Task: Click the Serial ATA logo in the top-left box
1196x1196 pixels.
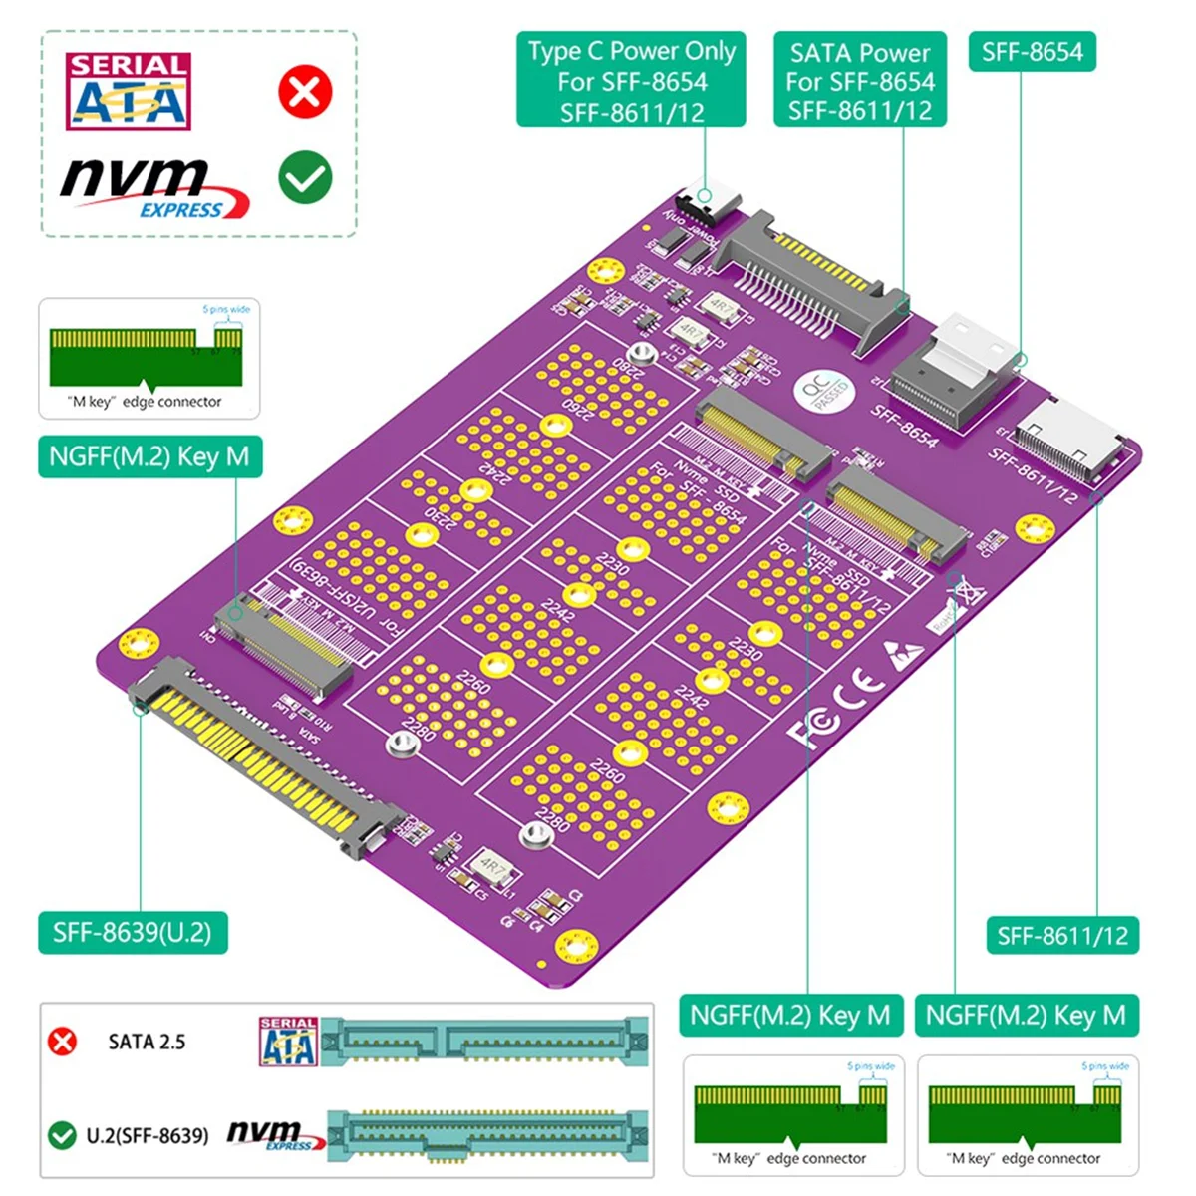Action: point(128,92)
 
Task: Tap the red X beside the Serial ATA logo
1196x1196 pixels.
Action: point(305,91)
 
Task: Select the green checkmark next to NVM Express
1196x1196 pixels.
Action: point(305,177)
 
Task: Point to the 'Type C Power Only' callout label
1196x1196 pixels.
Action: point(631,81)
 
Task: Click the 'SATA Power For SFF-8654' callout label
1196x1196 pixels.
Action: point(860,81)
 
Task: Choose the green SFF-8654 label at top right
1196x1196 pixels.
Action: point(1032,52)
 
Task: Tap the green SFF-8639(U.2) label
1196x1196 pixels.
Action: point(133,933)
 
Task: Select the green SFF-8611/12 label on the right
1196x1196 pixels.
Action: point(1062,936)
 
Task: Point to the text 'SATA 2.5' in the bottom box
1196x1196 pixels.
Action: point(147,1042)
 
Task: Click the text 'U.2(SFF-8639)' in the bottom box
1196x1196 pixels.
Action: point(148,1135)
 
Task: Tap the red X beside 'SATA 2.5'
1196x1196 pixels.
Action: point(62,1042)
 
